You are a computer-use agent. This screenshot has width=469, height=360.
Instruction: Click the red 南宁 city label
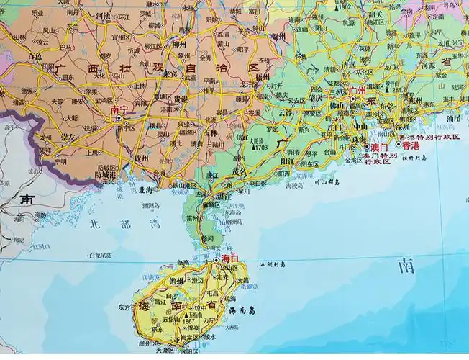[119, 112]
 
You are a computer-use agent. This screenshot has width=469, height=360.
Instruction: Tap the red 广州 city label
[356, 91]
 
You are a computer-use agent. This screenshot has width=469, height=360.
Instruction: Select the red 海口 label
[230, 258]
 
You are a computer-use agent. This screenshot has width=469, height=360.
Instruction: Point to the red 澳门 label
[379, 147]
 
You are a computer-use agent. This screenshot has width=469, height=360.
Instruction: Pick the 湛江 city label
[224, 194]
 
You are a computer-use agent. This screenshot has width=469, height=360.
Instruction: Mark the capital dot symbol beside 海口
[217, 259]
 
